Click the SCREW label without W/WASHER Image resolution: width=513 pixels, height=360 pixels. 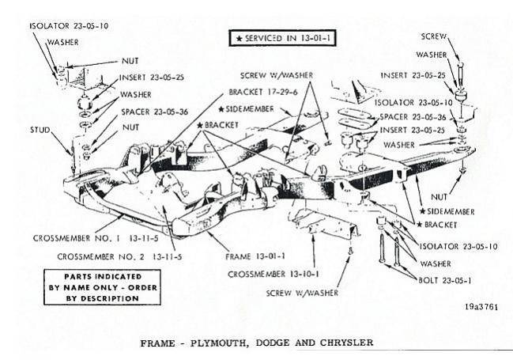tap(434, 36)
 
